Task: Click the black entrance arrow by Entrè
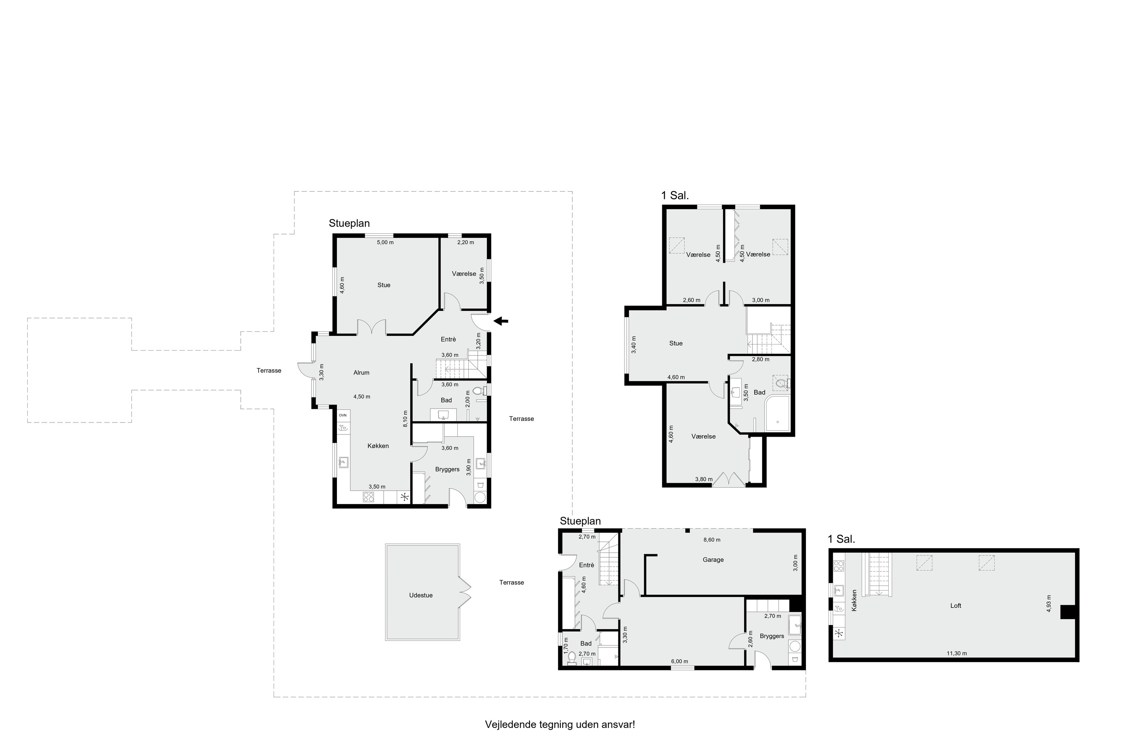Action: pyautogui.click(x=501, y=321)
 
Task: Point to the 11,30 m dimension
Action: pyautogui.click(x=957, y=653)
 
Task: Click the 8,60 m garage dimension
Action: pyautogui.click(x=712, y=540)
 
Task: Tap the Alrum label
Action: pyautogui.click(x=362, y=373)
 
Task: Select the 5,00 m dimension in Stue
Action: pyautogui.click(x=385, y=242)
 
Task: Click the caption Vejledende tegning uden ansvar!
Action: pyautogui.click(x=560, y=724)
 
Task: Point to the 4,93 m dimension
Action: pyautogui.click(x=1049, y=603)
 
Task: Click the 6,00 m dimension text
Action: pyautogui.click(x=679, y=662)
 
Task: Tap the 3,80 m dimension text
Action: pyautogui.click(x=704, y=479)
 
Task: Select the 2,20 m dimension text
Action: pyautogui.click(x=466, y=242)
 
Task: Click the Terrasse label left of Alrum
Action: pyautogui.click(x=269, y=370)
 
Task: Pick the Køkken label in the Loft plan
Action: pyautogui.click(x=854, y=600)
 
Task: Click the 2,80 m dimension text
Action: pyautogui.click(x=761, y=359)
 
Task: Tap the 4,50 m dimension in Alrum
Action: pyautogui.click(x=362, y=397)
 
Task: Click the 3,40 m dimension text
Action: pyautogui.click(x=634, y=345)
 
